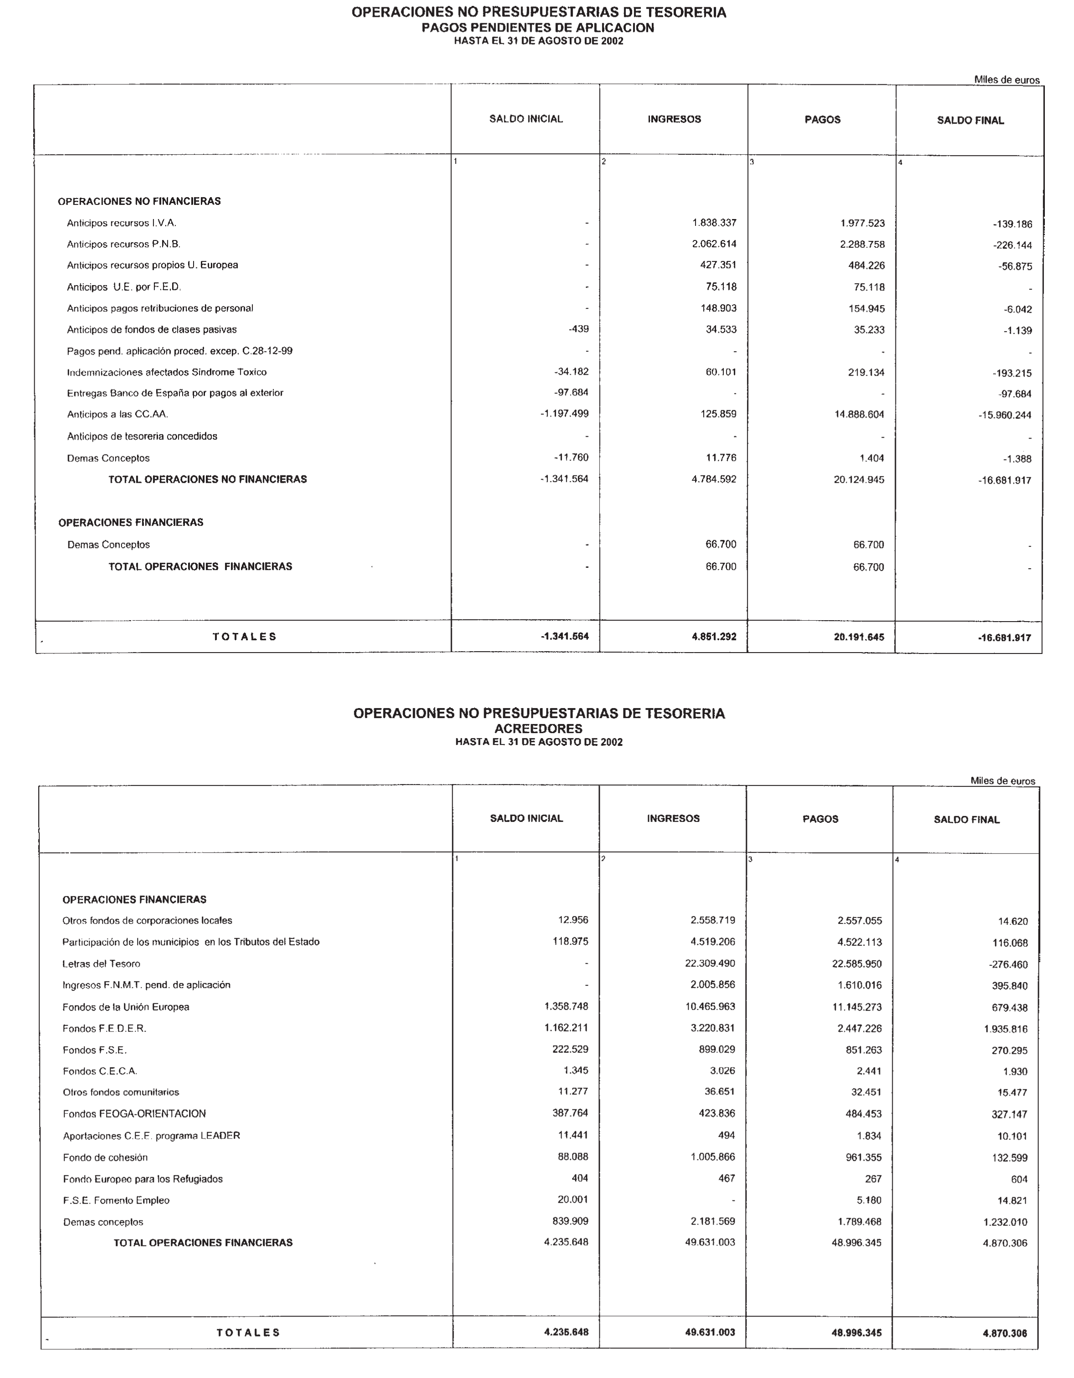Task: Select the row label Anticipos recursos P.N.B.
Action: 124,244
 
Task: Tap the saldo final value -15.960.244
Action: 1005,415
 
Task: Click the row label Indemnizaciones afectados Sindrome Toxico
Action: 167,372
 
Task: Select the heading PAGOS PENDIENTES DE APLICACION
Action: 537,28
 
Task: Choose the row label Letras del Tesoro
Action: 101,964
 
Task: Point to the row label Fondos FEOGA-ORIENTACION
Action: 134,1113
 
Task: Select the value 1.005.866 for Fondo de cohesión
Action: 713,1157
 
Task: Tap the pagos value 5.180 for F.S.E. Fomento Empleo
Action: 869,1200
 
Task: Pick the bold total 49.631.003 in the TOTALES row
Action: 710,1332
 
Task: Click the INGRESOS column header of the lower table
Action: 673,818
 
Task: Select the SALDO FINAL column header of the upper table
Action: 970,121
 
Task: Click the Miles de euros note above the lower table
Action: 1002,781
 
